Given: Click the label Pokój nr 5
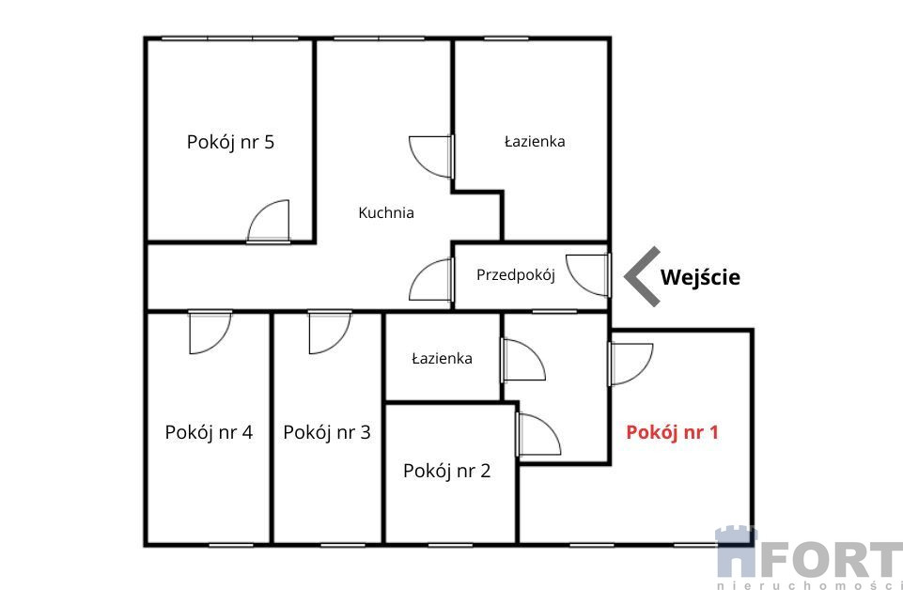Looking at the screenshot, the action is (230, 142).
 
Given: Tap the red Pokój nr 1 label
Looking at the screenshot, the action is (672, 432).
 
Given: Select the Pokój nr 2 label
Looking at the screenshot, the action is (447, 471).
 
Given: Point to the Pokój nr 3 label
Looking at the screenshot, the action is (327, 432).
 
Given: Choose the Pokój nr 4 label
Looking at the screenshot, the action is (209, 432).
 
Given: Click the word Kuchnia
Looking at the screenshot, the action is (386, 212).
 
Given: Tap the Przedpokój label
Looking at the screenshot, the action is (516, 275).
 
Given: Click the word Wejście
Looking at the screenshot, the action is (700, 277).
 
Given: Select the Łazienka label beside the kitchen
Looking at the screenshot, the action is (535, 141).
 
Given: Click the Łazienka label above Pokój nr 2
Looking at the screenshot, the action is (443, 359).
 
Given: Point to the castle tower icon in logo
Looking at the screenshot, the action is (736, 551).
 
